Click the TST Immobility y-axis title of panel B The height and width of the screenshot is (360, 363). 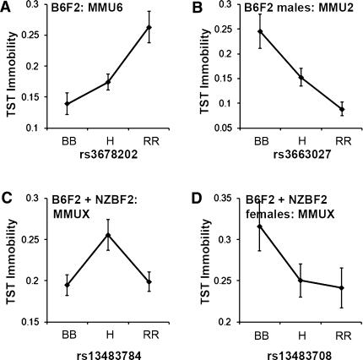[197, 68]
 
